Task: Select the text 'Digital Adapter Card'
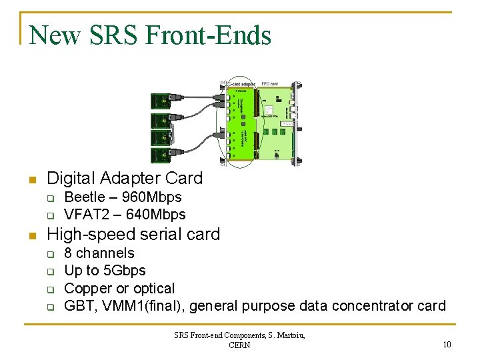click(x=125, y=178)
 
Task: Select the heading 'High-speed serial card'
click(x=133, y=234)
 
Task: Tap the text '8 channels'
click(x=99, y=253)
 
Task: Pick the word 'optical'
click(x=153, y=289)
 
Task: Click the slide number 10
click(x=446, y=344)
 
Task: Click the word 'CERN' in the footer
click(x=239, y=345)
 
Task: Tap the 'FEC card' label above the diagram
click(x=269, y=83)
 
